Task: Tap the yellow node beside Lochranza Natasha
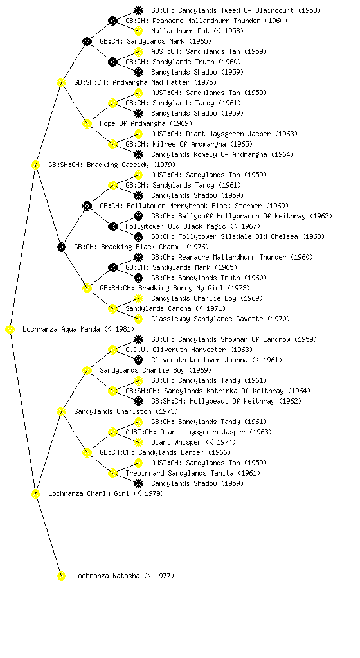tap(61, 576)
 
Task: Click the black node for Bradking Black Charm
tap(61, 247)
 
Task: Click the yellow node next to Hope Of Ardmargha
tap(87, 123)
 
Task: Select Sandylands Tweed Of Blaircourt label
tap(236, 10)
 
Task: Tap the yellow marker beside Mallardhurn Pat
tap(138, 31)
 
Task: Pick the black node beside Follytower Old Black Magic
tap(113, 226)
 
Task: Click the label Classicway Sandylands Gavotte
tap(207, 319)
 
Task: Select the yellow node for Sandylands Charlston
tap(61, 411)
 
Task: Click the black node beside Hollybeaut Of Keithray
tap(138, 401)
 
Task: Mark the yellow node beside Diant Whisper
tap(138, 442)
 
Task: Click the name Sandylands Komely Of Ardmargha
tap(209, 154)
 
